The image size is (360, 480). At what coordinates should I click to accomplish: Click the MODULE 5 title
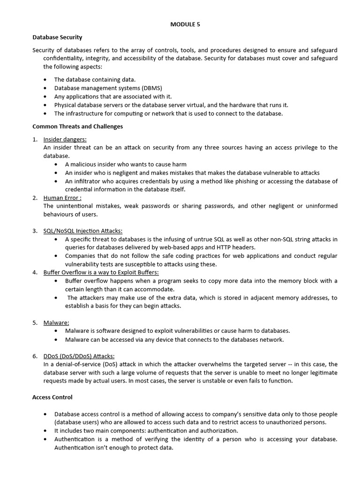(x=185, y=25)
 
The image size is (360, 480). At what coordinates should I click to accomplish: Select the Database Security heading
(x=57, y=37)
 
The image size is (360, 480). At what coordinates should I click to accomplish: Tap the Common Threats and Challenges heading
(x=77, y=126)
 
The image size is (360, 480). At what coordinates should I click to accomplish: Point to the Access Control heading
(x=52, y=397)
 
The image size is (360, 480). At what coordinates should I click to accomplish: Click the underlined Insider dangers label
(x=65, y=139)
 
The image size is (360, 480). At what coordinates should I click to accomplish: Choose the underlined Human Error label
(x=62, y=197)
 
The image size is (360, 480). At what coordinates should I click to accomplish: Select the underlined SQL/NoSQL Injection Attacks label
(x=82, y=231)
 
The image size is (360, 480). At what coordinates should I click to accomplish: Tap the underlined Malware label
(x=56, y=322)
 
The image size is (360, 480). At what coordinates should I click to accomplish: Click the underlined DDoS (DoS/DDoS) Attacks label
(x=79, y=356)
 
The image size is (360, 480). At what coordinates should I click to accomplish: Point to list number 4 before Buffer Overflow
(x=35, y=272)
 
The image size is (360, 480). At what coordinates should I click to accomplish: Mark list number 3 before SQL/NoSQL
(x=35, y=231)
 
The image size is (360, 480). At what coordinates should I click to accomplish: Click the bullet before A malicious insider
(x=56, y=165)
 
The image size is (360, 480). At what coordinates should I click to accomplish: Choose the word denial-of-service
(x=74, y=364)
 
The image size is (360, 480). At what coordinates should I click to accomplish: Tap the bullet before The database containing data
(x=45, y=80)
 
